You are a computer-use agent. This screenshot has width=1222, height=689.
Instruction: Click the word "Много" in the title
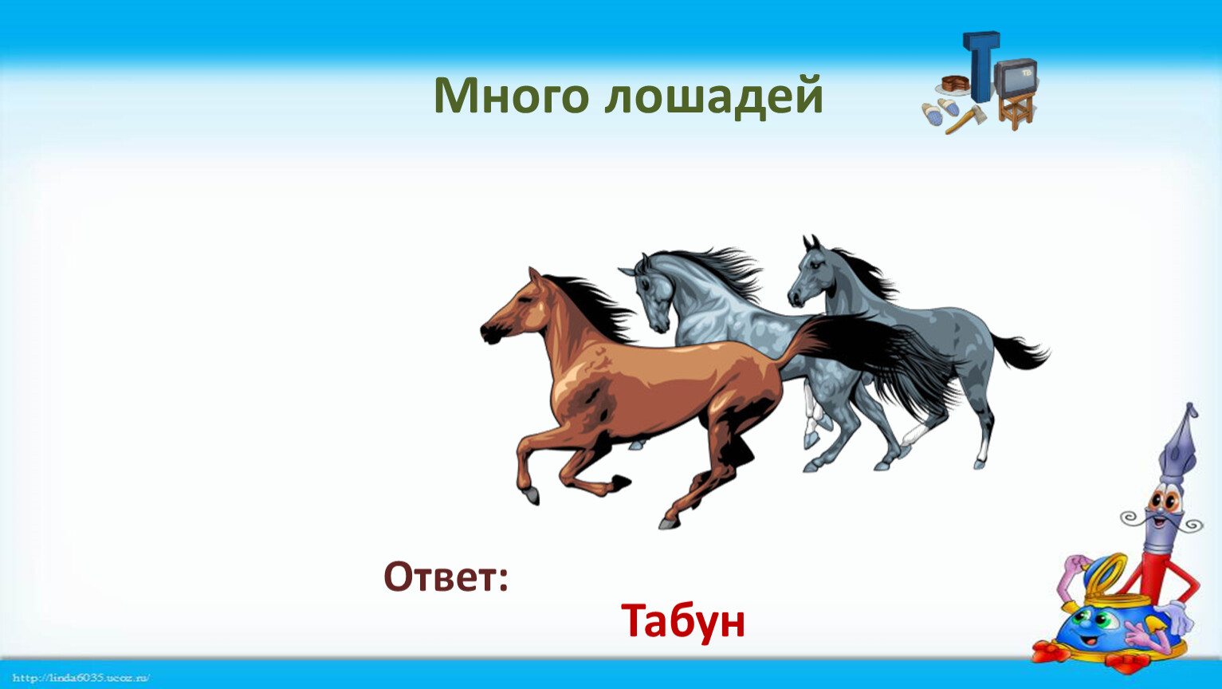tap(511, 96)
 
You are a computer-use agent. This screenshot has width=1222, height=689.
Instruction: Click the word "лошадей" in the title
tap(713, 97)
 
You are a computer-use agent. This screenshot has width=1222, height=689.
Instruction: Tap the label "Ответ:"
tap(446, 577)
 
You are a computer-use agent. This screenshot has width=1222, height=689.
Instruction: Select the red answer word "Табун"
tap(683, 620)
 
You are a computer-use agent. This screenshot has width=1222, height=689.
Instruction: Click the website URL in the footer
tap(81, 678)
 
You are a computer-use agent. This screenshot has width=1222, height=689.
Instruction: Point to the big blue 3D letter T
tap(981, 65)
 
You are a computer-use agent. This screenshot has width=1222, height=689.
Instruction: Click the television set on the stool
tap(1016, 77)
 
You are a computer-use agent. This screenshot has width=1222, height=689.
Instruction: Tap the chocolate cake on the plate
tap(954, 84)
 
